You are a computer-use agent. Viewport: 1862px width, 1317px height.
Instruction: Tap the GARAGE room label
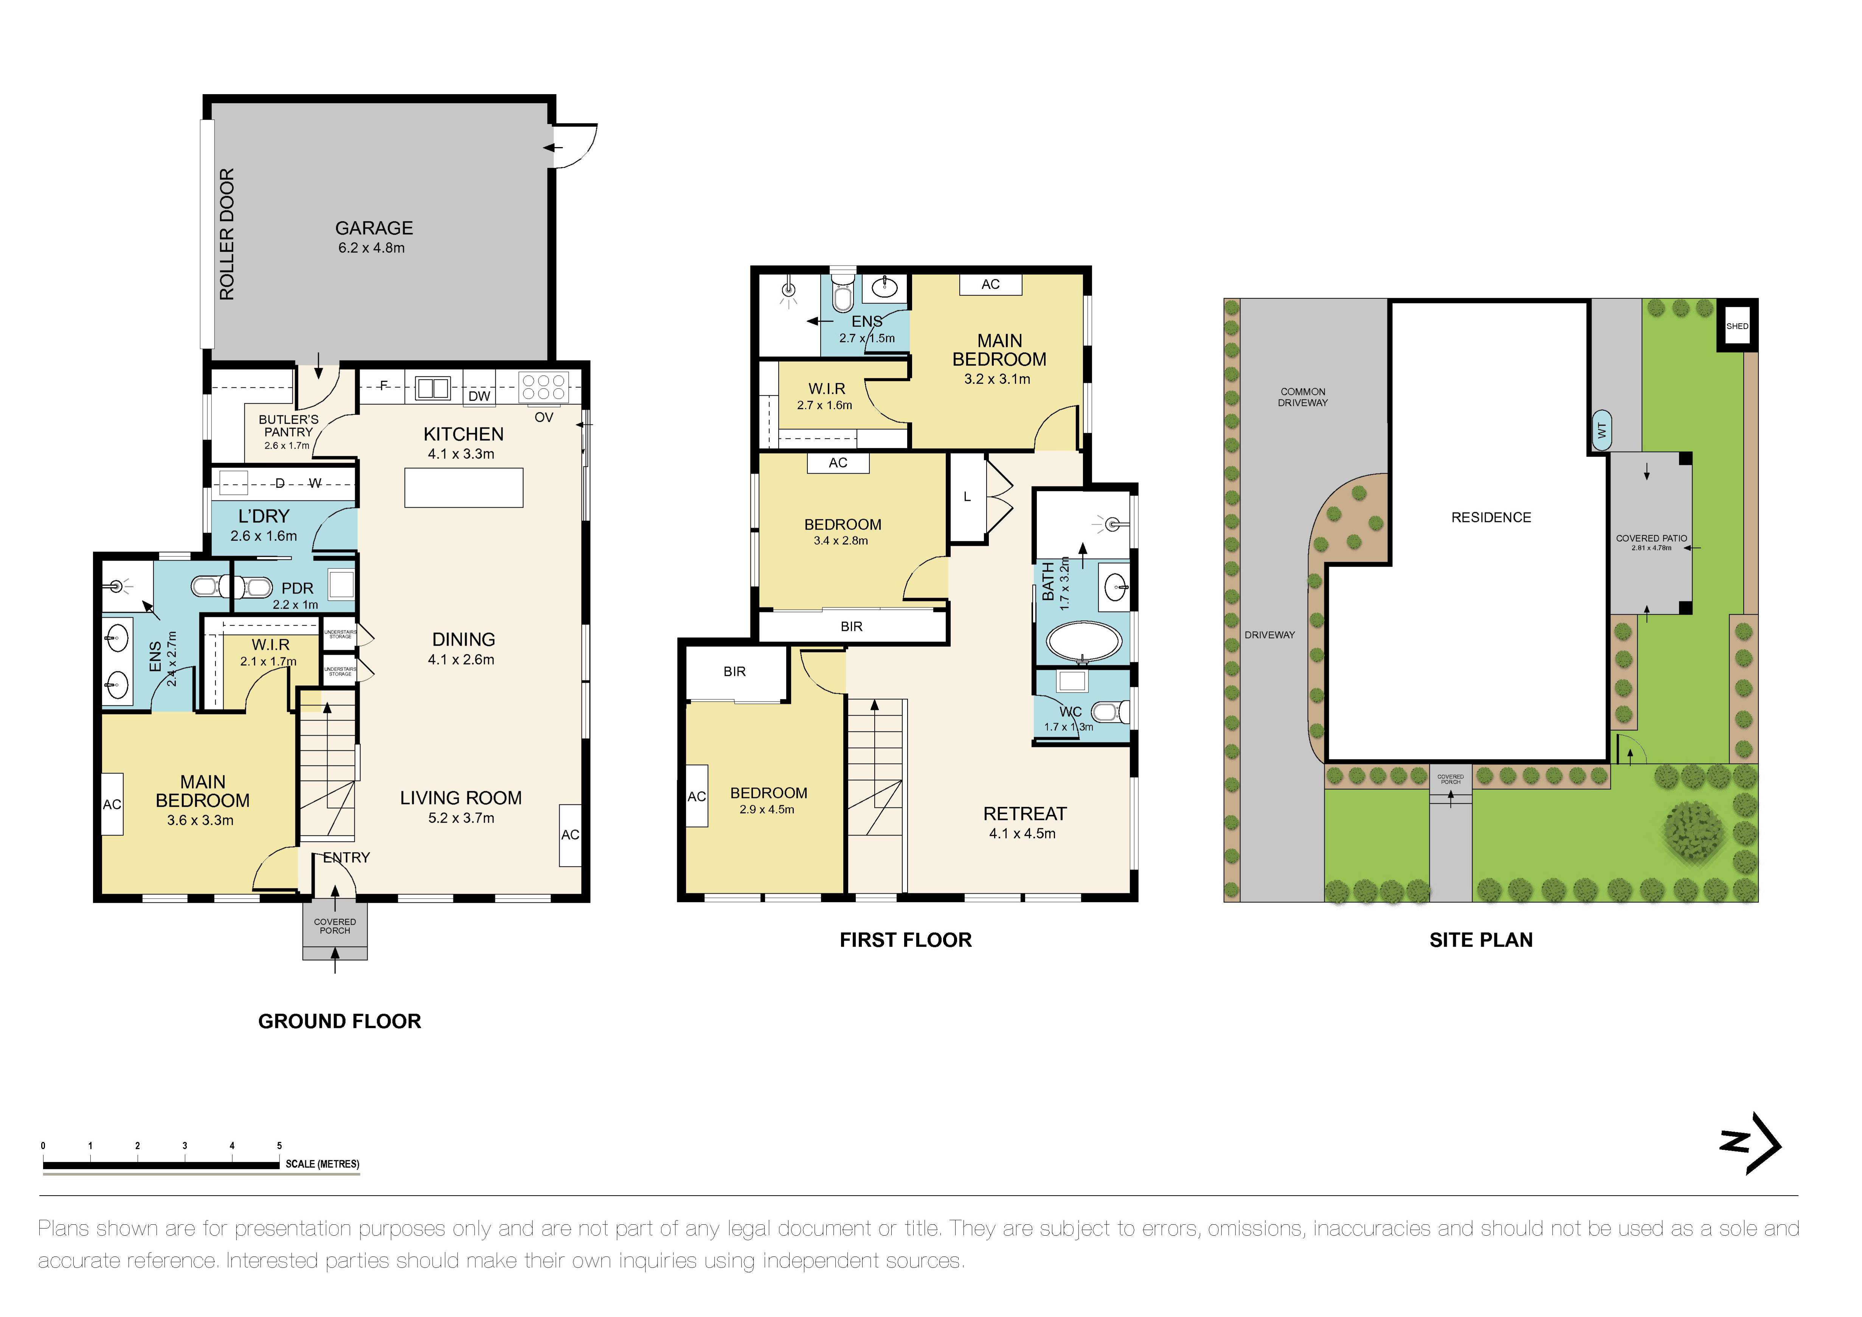tap(374, 229)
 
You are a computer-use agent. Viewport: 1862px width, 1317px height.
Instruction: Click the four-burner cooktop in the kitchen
tap(543, 387)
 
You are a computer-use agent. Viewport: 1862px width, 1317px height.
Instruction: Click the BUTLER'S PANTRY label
tap(288, 426)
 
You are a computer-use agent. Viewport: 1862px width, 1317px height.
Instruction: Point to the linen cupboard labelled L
tap(967, 497)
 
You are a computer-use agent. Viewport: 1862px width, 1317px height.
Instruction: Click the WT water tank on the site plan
tap(1602, 431)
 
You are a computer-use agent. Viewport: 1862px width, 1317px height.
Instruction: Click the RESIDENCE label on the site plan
tap(1491, 517)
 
